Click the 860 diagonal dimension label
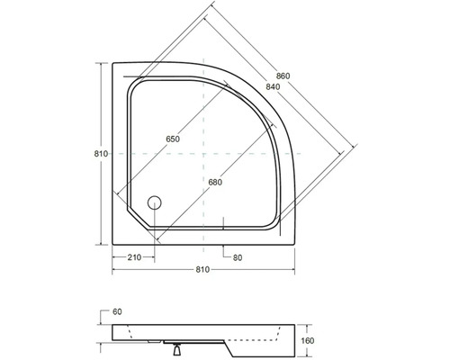283,76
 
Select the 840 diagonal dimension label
273,87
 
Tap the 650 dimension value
173,139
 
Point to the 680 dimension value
215,183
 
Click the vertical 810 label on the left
101,154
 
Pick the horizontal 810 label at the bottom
202,270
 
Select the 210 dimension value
134,257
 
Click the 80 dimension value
238,257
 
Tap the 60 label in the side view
117,312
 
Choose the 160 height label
307,341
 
